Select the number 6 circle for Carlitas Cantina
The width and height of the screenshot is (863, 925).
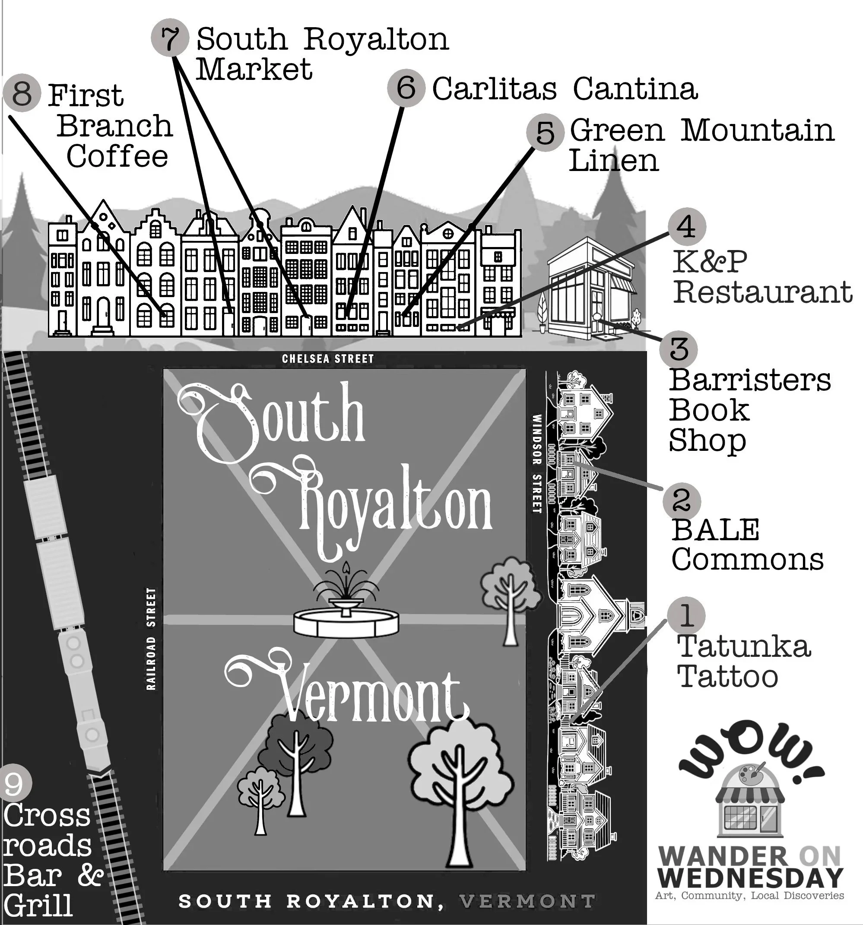(406, 88)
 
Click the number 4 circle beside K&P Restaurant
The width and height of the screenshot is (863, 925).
(687, 227)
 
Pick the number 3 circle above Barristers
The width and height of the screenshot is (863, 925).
(679, 349)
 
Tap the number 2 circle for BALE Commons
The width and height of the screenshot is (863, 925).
(682, 500)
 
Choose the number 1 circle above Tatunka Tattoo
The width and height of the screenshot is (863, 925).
(686, 615)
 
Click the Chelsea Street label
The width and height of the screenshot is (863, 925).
(328, 359)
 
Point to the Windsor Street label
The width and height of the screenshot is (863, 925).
(537, 463)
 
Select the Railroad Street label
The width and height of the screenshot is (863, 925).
(151, 639)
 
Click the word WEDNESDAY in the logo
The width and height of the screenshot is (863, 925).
(750, 878)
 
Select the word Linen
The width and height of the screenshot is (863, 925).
(613, 161)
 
